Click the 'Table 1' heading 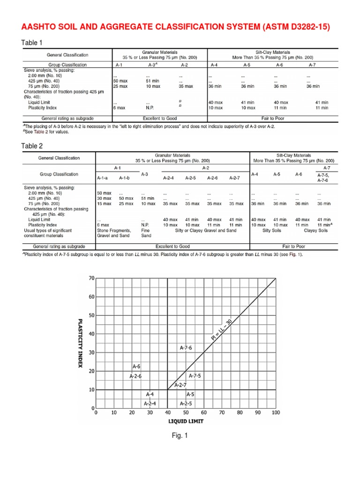[32, 43]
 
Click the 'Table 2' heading [32, 146]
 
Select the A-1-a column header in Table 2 [103, 178]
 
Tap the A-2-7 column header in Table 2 [235, 178]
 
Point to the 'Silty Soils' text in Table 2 [273, 231]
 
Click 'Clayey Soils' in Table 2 [316, 231]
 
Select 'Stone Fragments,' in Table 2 [114, 231]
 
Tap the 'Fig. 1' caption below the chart [180, 436]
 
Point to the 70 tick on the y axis [91, 278]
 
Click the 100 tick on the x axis [276, 413]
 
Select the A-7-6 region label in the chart [186, 348]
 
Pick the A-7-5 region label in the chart [195, 376]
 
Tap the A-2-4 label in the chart [150, 404]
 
